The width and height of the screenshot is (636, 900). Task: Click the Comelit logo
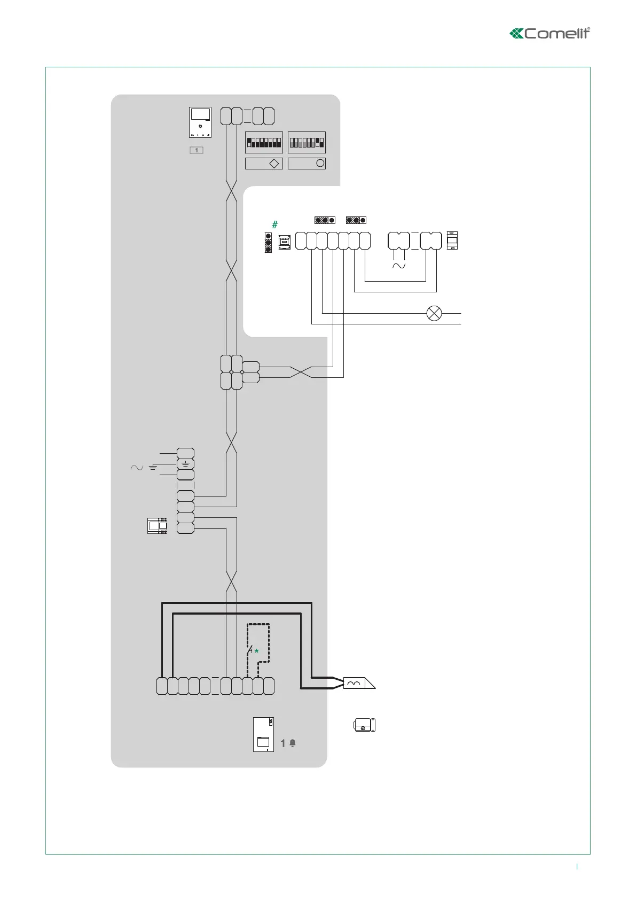550,33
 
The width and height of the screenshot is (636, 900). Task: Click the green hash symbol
275,224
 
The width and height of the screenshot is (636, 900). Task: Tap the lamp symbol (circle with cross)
434,313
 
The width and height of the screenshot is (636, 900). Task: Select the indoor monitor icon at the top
200,122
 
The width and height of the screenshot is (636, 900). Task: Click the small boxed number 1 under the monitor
197,150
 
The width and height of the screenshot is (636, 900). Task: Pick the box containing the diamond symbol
264,164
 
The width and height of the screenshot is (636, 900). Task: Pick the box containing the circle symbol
307,164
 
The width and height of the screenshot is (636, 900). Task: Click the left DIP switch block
264,143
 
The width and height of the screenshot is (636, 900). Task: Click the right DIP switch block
307,143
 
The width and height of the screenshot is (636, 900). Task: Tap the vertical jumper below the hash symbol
269,242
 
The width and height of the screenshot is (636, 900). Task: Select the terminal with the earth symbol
185,464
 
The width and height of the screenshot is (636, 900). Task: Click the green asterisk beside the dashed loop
256,651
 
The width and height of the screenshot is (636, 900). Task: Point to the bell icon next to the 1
293,743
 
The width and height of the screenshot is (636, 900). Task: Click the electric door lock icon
365,725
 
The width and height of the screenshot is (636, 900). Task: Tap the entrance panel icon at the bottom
263,734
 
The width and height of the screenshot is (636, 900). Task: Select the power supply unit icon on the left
157,526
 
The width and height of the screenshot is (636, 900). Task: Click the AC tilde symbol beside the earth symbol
137,468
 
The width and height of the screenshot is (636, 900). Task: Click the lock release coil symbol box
354,684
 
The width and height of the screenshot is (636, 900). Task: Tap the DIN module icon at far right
452,240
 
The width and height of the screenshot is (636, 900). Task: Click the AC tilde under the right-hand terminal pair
399,266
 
